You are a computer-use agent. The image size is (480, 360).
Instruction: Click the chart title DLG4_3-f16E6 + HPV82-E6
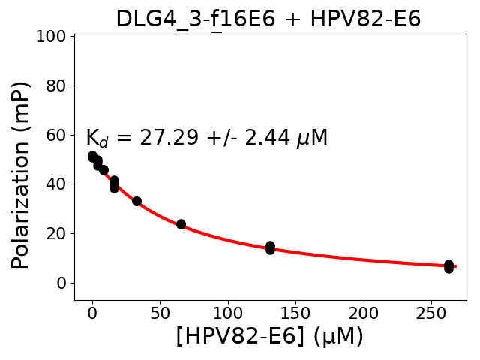tap(268, 19)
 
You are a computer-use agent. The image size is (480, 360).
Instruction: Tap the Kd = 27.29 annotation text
tap(206, 139)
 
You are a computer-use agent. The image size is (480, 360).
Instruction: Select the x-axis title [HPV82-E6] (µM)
tap(270, 336)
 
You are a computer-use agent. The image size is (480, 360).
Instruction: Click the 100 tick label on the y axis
tap(52, 36)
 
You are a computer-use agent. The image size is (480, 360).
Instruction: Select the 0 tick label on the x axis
tap(92, 312)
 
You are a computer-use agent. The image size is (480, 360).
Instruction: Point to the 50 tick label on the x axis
tap(160, 312)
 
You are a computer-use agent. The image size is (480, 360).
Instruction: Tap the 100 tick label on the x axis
tap(228, 312)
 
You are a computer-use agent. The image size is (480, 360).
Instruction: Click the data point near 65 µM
tap(181, 224)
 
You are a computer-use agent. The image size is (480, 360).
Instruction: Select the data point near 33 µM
tap(136, 201)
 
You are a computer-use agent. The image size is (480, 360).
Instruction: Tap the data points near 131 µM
tap(270, 247)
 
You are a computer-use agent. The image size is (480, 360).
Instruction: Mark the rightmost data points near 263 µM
tap(448, 266)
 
